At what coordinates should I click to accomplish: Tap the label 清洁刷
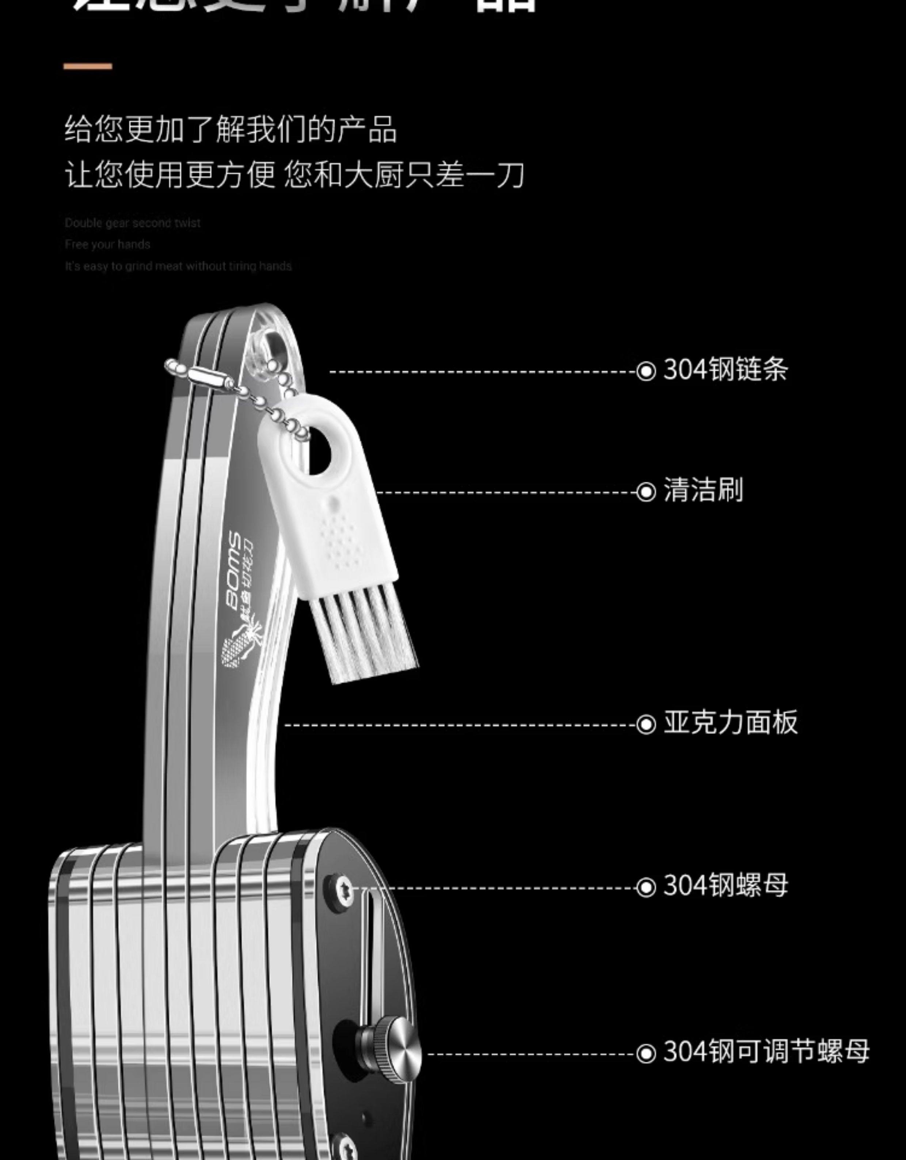tap(703, 490)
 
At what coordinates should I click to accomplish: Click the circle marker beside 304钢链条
tap(646, 371)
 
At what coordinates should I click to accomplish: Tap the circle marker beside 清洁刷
tap(646, 492)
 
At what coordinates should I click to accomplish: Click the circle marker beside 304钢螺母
tap(646, 887)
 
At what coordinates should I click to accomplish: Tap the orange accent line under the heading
tap(88, 66)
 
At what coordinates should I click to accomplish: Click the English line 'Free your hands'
tap(107, 244)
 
